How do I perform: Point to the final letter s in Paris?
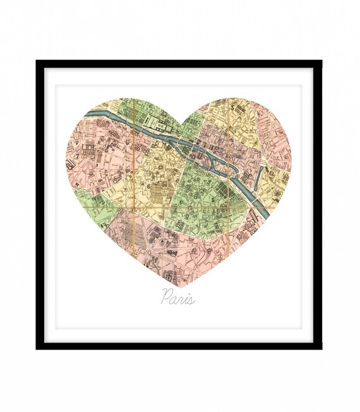[191, 298]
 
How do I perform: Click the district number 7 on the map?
[78, 155]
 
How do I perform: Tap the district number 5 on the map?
[213, 200]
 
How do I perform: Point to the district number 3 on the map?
[232, 109]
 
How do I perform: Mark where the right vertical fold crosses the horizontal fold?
[227, 207]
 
